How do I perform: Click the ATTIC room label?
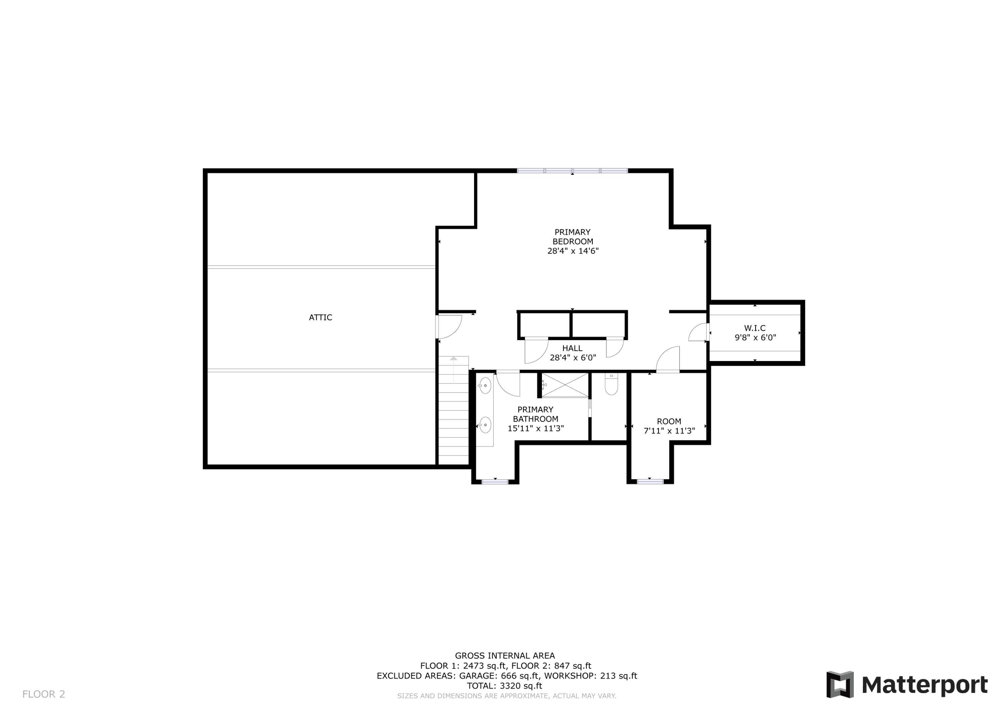coord(320,318)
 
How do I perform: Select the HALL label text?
coord(572,348)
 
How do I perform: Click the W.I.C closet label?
coord(755,328)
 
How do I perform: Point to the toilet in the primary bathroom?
coord(611,384)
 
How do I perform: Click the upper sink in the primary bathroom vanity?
coord(485,385)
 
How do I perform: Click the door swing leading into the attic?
coord(449,327)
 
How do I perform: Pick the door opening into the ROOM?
coord(668,360)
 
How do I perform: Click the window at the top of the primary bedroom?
coord(572,171)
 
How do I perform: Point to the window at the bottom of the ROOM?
coord(650,482)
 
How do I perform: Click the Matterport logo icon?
coord(840,684)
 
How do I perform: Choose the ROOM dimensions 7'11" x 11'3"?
coord(669,431)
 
